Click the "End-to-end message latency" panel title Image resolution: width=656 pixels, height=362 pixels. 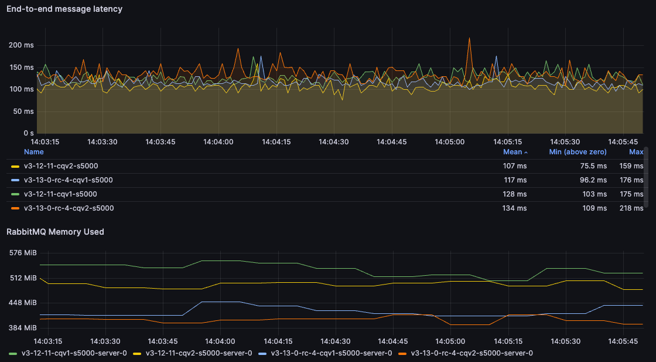[x=64, y=9]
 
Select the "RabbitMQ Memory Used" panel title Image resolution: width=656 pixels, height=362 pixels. [x=55, y=232]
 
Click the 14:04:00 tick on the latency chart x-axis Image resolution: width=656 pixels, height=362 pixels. [x=218, y=141]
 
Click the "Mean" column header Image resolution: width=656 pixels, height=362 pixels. [x=512, y=152]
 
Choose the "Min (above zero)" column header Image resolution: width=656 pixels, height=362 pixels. [x=578, y=152]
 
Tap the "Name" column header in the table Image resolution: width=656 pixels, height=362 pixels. [x=33, y=152]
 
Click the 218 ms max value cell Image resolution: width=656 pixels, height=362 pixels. [x=631, y=208]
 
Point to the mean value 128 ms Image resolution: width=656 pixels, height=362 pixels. [x=515, y=194]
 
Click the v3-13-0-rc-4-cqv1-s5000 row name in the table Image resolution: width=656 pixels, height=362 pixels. [x=68, y=180]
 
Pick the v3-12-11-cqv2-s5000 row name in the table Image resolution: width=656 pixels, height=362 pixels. [x=61, y=166]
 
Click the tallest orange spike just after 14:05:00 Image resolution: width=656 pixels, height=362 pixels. [x=469, y=39]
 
